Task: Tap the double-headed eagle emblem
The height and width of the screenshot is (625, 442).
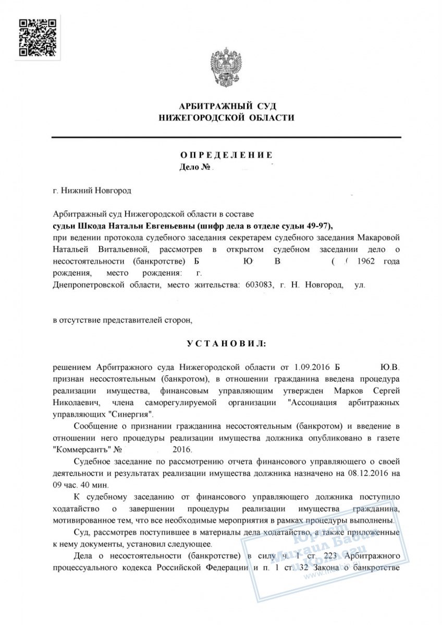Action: point(226,68)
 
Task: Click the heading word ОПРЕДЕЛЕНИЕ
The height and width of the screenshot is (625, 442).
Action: point(226,155)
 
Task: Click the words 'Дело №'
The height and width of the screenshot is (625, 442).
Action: point(194,167)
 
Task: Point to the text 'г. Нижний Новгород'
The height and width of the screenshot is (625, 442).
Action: point(93,191)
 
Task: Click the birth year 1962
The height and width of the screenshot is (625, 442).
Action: point(364,260)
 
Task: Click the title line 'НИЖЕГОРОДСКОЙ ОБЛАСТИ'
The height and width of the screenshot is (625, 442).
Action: point(226,118)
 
